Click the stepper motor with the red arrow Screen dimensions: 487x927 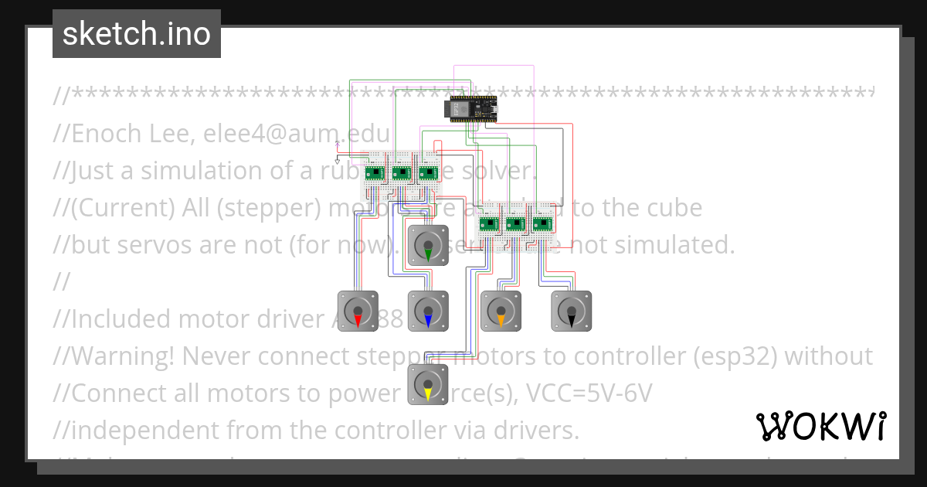click(358, 311)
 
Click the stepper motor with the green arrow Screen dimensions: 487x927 click(428, 246)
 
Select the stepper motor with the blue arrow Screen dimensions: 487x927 click(428, 311)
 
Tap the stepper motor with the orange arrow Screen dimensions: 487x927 click(501, 311)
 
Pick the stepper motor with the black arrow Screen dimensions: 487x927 click(571, 311)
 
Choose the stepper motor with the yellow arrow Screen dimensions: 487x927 click(428, 384)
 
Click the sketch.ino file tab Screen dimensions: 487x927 click(137, 34)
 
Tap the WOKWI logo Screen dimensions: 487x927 click(820, 426)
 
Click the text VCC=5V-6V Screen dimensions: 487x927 click(589, 393)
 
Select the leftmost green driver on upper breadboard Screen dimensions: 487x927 click(376, 173)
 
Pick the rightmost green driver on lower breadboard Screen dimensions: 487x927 click(542, 224)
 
